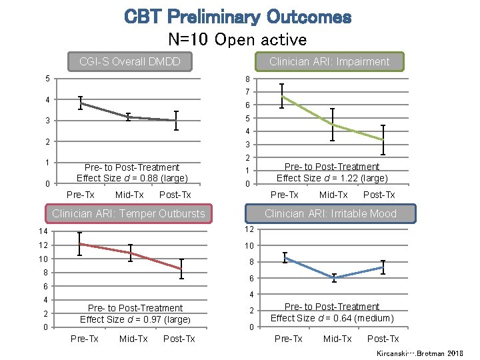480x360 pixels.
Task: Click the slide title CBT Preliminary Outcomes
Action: point(237,17)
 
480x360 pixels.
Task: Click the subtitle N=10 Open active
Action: point(237,39)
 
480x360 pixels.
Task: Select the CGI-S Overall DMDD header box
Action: point(129,62)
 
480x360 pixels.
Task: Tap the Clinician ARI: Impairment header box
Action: point(329,62)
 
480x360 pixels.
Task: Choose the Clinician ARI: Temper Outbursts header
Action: point(128,214)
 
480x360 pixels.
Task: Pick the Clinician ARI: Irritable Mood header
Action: point(330,214)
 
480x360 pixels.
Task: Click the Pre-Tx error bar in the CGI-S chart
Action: point(80,103)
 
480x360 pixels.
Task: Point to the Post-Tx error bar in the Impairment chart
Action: point(382,139)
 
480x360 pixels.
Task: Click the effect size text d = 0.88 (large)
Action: point(132,178)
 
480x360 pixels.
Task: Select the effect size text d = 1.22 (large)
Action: point(331,178)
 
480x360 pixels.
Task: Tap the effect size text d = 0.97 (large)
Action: point(134,319)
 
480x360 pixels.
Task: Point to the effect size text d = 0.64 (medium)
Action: point(331,318)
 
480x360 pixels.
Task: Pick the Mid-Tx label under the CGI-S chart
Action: point(129,195)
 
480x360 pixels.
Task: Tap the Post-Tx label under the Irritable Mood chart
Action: point(383,339)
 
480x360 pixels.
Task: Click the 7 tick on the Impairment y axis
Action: point(247,92)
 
